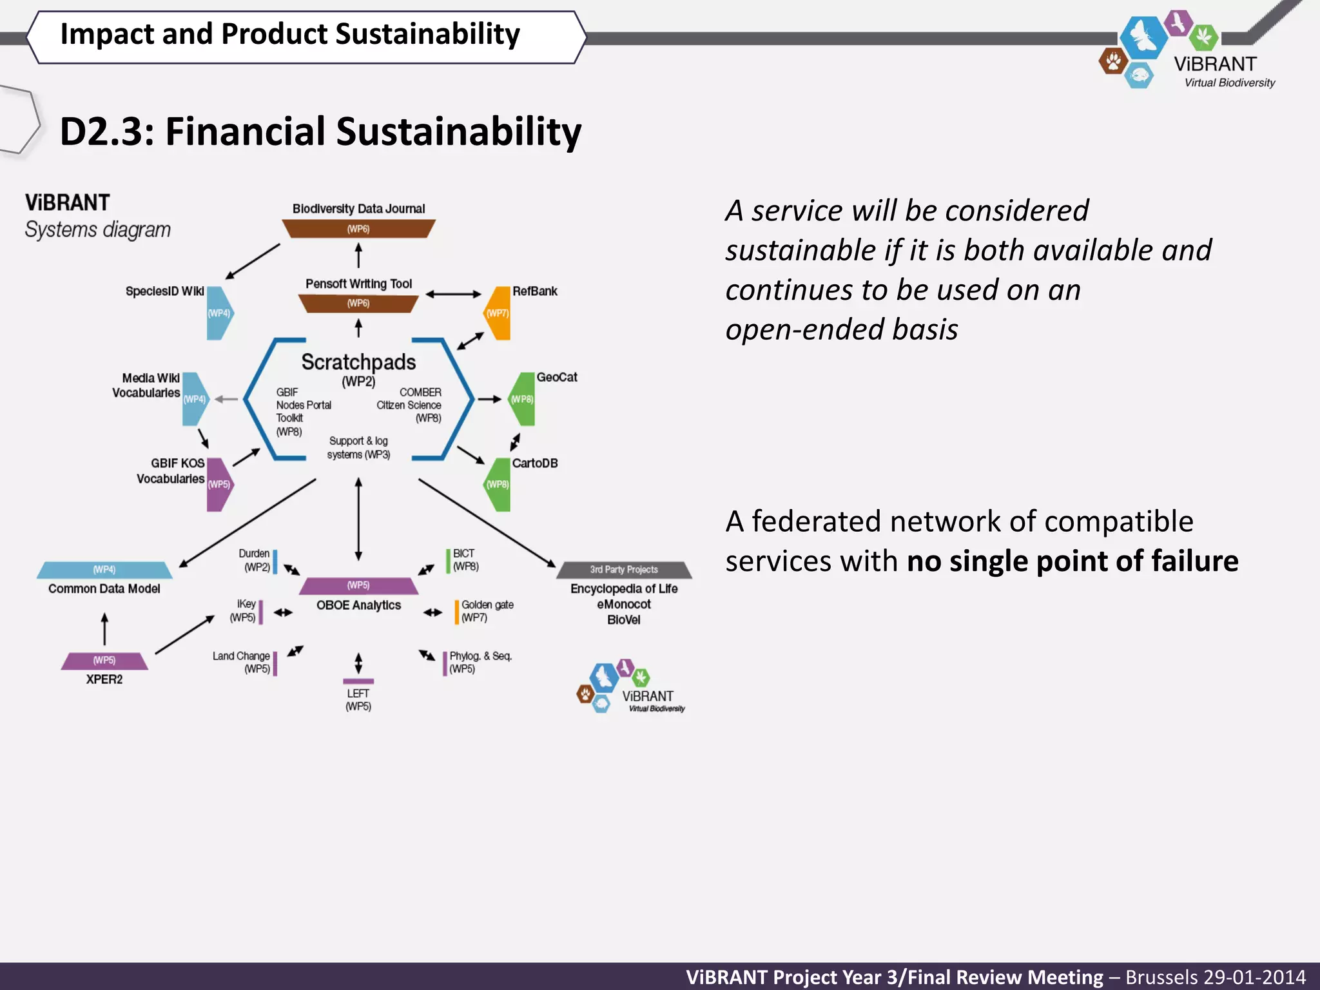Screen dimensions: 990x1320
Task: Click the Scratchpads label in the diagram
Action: tap(358, 362)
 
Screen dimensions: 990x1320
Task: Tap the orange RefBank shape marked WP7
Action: tap(498, 313)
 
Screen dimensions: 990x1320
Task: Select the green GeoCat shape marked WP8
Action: tap(523, 399)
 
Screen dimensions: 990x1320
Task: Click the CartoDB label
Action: tap(534, 463)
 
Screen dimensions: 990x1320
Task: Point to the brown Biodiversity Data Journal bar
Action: tap(358, 229)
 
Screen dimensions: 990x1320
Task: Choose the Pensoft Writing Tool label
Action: tap(358, 284)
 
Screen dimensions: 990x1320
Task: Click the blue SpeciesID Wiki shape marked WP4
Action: tap(219, 313)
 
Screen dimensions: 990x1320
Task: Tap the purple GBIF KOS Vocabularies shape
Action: tap(219, 484)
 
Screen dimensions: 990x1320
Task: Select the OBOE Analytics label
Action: tap(358, 605)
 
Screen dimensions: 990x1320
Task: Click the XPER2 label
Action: tap(104, 679)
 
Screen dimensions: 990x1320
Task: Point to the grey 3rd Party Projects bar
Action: tap(624, 570)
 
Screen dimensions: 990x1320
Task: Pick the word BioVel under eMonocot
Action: tap(623, 619)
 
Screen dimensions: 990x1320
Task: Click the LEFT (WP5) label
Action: tap(358, 699)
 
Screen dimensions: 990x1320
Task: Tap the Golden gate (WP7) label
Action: tap(487, 610)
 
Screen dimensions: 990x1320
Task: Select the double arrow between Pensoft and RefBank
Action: tap(453, 294)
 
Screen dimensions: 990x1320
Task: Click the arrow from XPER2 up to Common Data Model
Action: tap(104, 628)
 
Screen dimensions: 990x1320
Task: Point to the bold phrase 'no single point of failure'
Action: tap(1072, 561)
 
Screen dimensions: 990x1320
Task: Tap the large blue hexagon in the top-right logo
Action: tap(1143, 37)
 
